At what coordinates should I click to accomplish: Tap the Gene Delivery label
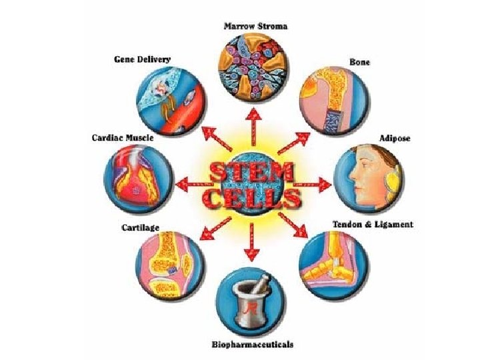[x=141, y=59]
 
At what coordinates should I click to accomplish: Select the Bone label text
[x=360, y=61]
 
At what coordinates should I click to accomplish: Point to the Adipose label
[x=395, y=139]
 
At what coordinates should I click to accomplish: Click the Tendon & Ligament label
[x=373, y=225]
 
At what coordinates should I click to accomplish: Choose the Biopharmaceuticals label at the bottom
[x=251, y=345]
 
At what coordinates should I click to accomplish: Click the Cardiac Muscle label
[x=122, y=138]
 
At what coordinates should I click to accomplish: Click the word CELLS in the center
[x=252, y=198]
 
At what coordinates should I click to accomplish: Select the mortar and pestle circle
[x=252, y=303]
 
